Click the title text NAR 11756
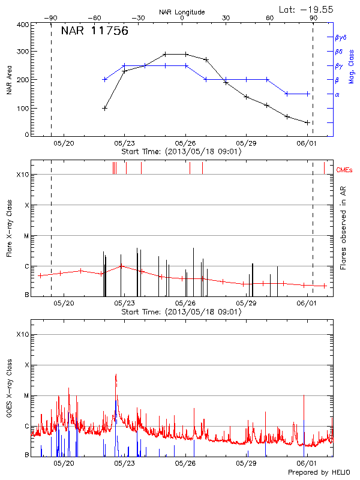pyautogui.click(x=94, y=32)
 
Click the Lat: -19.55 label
pyautogui.click(x=310, y=8)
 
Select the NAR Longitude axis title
pyautogui.click(x=182, y=12)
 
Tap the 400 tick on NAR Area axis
pyautogui.click(x=23, y=25)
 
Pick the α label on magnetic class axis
pyautogui.click(x=337, y=94)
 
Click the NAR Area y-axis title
pyautogui.click(x=10, y=80)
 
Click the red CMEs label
pyautogui.click(x=345, y=171)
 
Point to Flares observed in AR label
pyautogui.click(x=343, y=227)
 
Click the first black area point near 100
pyautogui.click(x=105, y=108)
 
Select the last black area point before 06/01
pyautogui.click(x=307, y=122)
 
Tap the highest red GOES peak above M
pyautogui.click(x=116, y=375)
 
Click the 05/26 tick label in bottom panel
pyautogui.click(x=185, y=463)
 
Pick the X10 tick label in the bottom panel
pyautogui.click(x=22, y=334)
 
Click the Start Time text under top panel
pyautogui.click(x=181, y=152)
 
